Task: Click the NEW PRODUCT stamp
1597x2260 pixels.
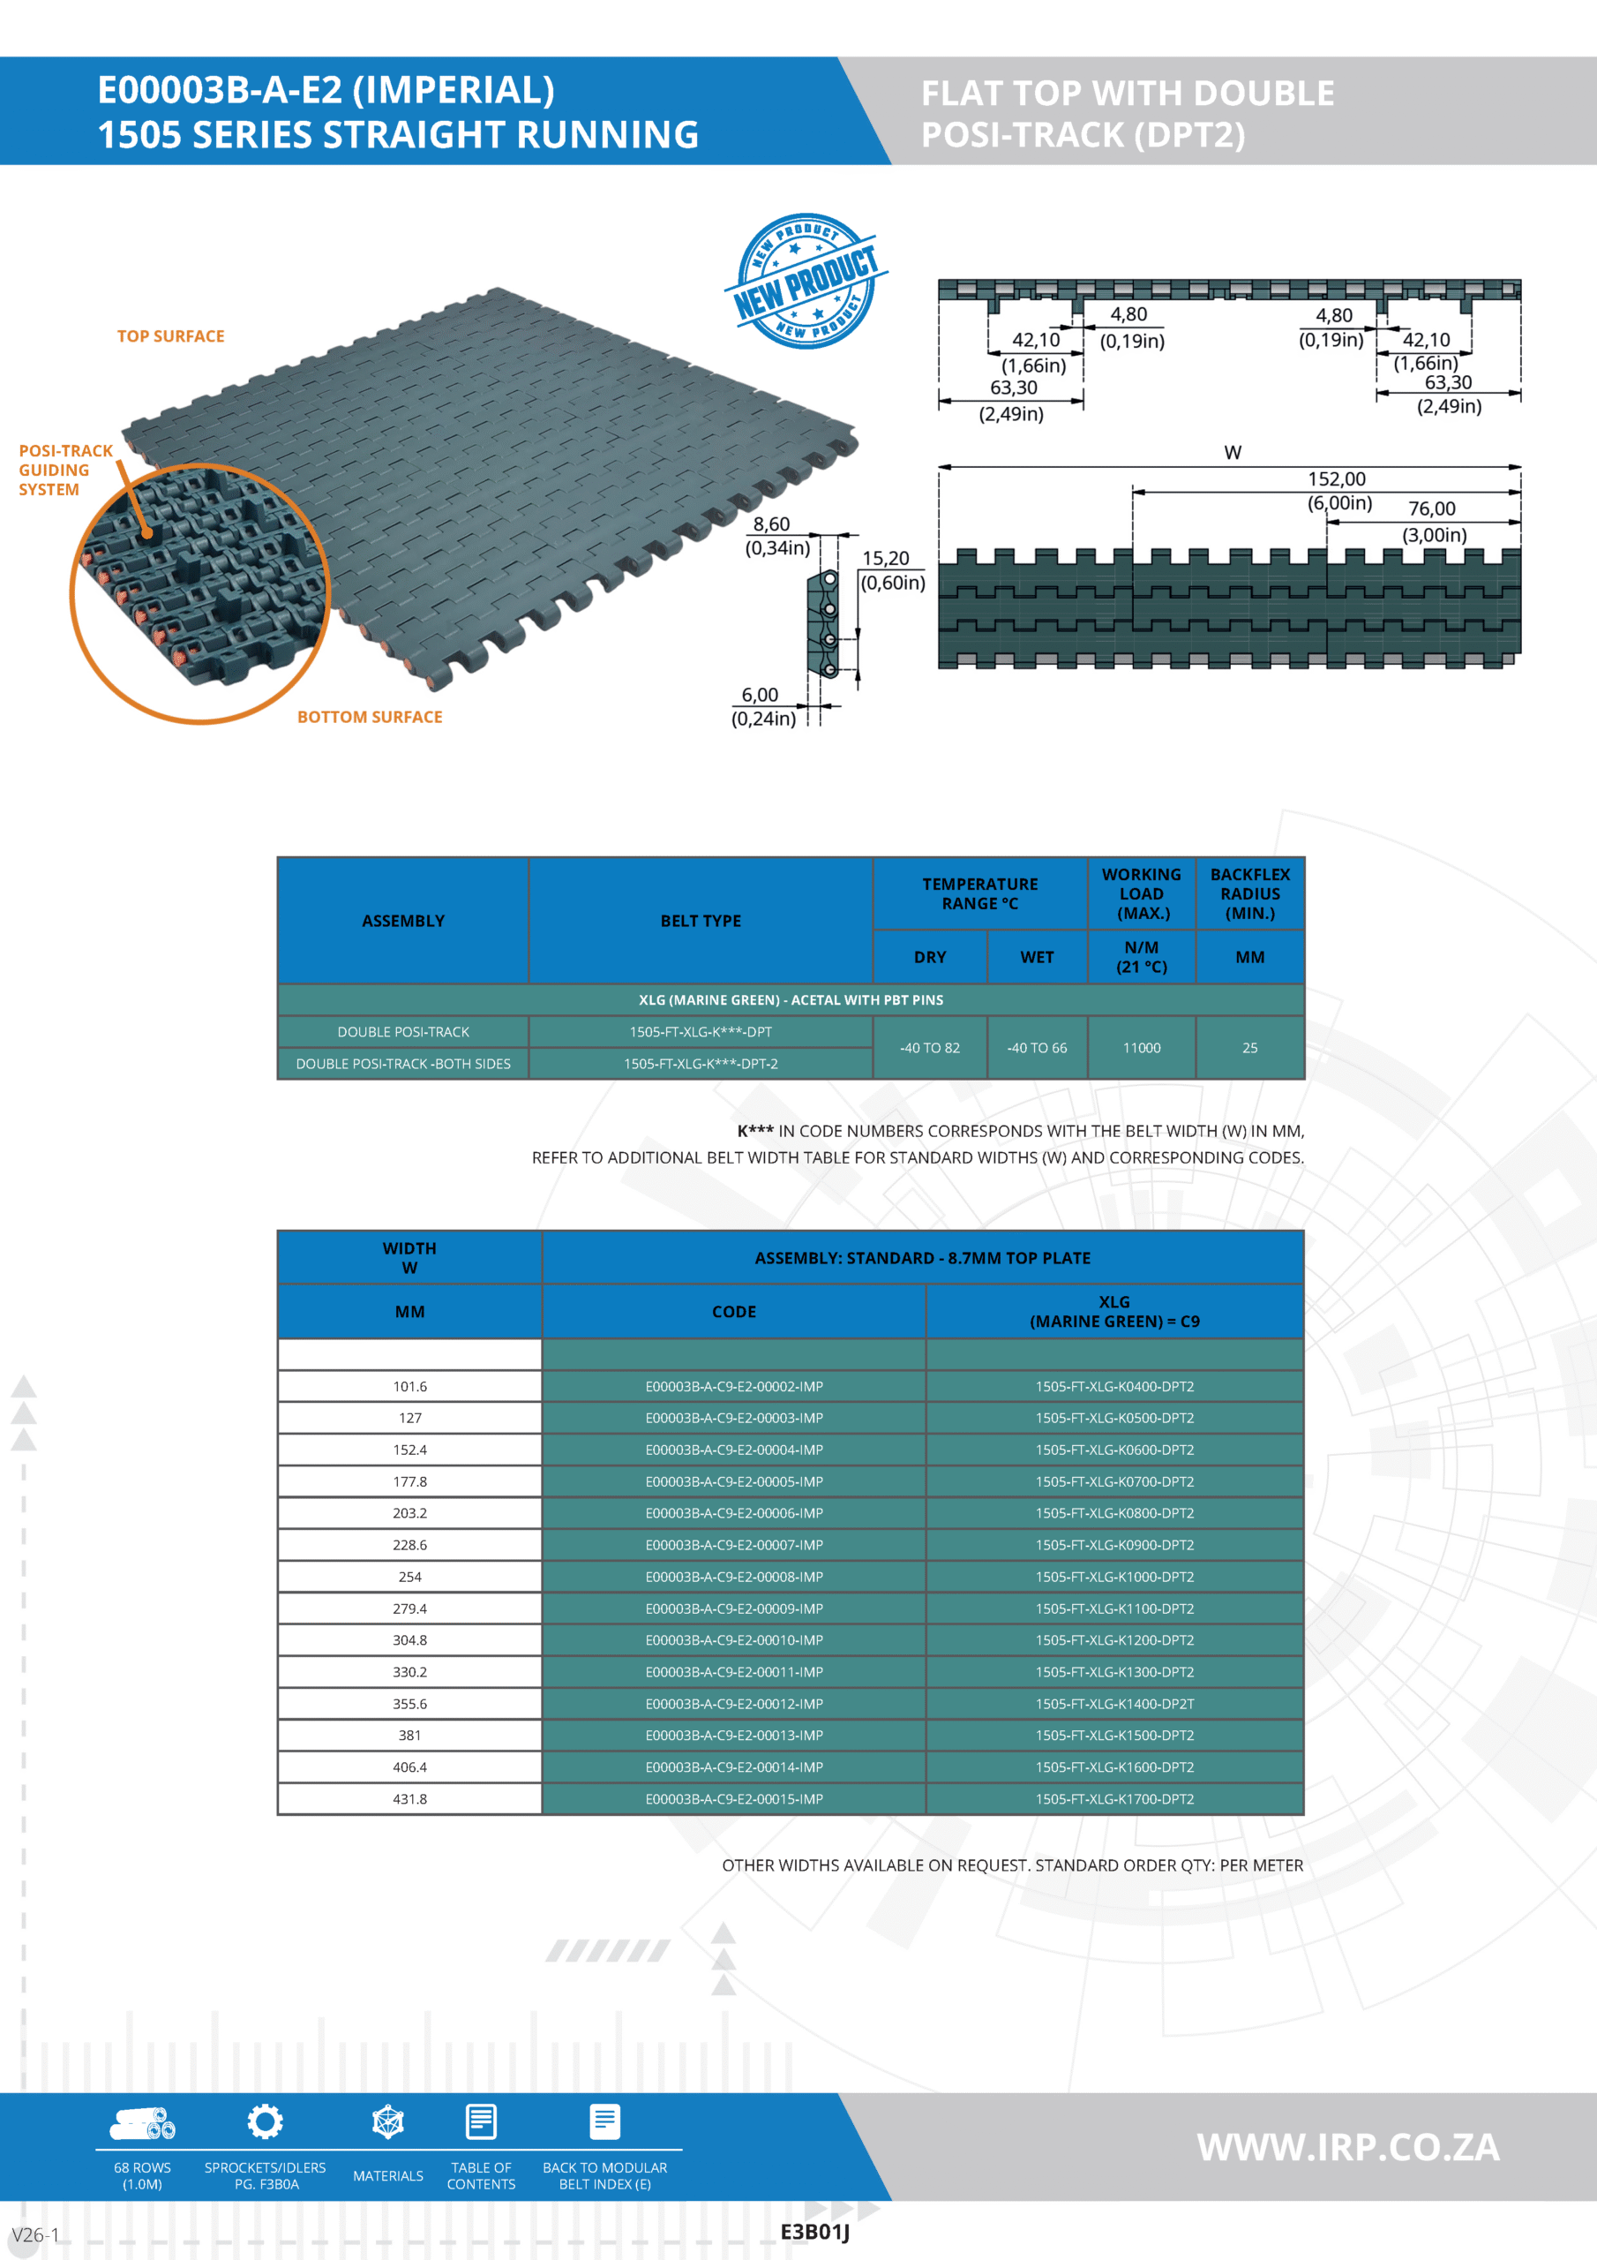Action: coord(806,281)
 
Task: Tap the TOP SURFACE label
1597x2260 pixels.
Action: coord(170,336)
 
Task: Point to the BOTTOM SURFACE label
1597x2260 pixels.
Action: coord(369,718)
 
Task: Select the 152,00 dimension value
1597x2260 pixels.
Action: coord(1335,479)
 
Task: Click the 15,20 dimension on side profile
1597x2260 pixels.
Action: coord(886,559)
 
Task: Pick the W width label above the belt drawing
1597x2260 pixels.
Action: coord(1232,453)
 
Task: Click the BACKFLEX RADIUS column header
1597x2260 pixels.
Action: coord(1249,893)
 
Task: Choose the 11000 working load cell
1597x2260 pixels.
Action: coord(1142,1048)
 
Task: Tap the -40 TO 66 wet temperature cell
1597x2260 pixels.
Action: coord(1036,1048)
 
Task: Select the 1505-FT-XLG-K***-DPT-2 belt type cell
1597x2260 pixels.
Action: coord(701,1064)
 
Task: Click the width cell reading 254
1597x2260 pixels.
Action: coord(409,1577)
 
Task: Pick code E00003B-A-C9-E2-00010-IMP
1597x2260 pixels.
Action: coord(734,1640)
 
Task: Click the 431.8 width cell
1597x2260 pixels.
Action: coord(409,1799)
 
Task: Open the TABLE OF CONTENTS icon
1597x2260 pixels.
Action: coord(481,2122)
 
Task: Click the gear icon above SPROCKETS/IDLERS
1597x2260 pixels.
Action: coord(265,2122)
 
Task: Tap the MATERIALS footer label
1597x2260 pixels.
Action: coord(387,2175)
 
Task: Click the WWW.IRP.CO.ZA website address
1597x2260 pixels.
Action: coord(1347,2147)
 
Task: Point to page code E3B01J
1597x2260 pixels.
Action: coord(814,2232)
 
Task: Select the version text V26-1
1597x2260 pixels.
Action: coord(35,2234)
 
